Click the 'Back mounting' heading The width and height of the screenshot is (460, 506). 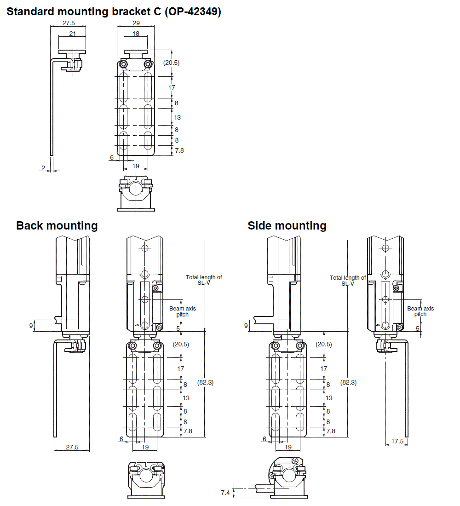57,225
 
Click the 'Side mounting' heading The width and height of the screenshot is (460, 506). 287,225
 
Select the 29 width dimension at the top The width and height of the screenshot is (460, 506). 136,23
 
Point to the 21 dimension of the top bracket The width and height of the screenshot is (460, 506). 72,34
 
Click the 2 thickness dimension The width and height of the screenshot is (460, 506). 43,168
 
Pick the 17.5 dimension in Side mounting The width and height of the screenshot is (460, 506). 397,441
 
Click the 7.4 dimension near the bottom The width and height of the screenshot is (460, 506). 225,493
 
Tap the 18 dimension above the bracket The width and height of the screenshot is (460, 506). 136,34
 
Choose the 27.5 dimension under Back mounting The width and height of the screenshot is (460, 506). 72,447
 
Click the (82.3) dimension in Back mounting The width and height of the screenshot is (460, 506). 205,382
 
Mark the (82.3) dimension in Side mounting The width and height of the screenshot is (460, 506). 348,382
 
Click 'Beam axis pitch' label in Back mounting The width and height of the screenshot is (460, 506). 182,311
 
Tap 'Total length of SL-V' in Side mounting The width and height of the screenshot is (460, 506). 348,280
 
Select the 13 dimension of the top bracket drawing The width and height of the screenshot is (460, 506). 178,117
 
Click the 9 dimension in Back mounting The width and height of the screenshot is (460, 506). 31,325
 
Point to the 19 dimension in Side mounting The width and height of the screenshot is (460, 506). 288,447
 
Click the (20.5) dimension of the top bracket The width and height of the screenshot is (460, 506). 172,63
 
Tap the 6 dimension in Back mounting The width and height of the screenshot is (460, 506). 121,439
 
